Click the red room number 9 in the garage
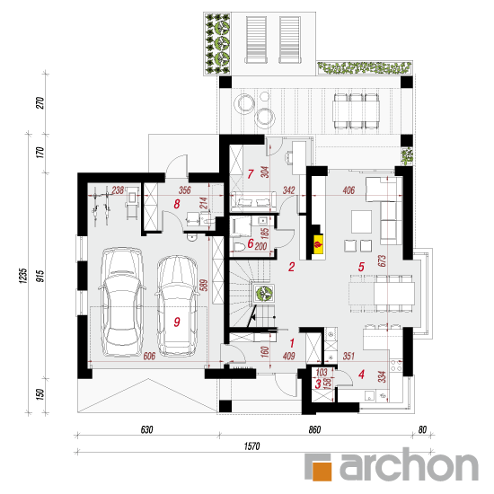177,322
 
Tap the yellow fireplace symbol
319,243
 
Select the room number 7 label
251,174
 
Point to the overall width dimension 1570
252,445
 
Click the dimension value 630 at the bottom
146,429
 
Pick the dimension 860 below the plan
314,429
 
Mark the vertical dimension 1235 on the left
23,276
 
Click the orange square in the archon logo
322,472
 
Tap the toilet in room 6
238,246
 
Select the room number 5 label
361,267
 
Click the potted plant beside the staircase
264,294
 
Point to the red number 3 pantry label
318,384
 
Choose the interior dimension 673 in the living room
383,260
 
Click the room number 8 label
177,204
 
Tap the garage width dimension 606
149,356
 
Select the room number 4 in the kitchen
361,375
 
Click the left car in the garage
122,302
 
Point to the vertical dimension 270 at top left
40,103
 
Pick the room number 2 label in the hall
292,267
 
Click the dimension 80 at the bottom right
422,429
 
